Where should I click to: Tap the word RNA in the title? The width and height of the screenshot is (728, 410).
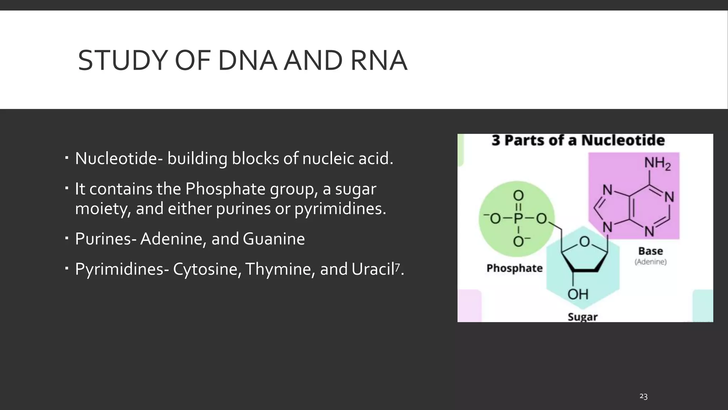(379, 61)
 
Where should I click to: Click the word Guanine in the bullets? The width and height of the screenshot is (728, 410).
(274, 239)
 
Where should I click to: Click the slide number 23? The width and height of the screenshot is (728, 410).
(643, 396)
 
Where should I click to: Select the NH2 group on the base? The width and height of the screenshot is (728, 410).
(657, 164)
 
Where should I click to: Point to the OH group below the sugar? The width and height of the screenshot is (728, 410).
(578, 294)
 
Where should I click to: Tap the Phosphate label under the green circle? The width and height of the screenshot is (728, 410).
(514, 268)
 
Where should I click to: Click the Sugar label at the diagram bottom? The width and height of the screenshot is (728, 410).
(582, 316)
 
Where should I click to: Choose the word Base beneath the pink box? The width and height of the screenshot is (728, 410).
(651, 251)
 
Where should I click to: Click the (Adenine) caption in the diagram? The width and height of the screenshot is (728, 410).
(651, 262)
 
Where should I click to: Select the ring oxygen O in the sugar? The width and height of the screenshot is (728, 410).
(584, 242)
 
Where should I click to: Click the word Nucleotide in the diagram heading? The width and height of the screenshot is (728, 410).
(623, 140)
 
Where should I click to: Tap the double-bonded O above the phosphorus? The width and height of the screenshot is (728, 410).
(518, 195)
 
